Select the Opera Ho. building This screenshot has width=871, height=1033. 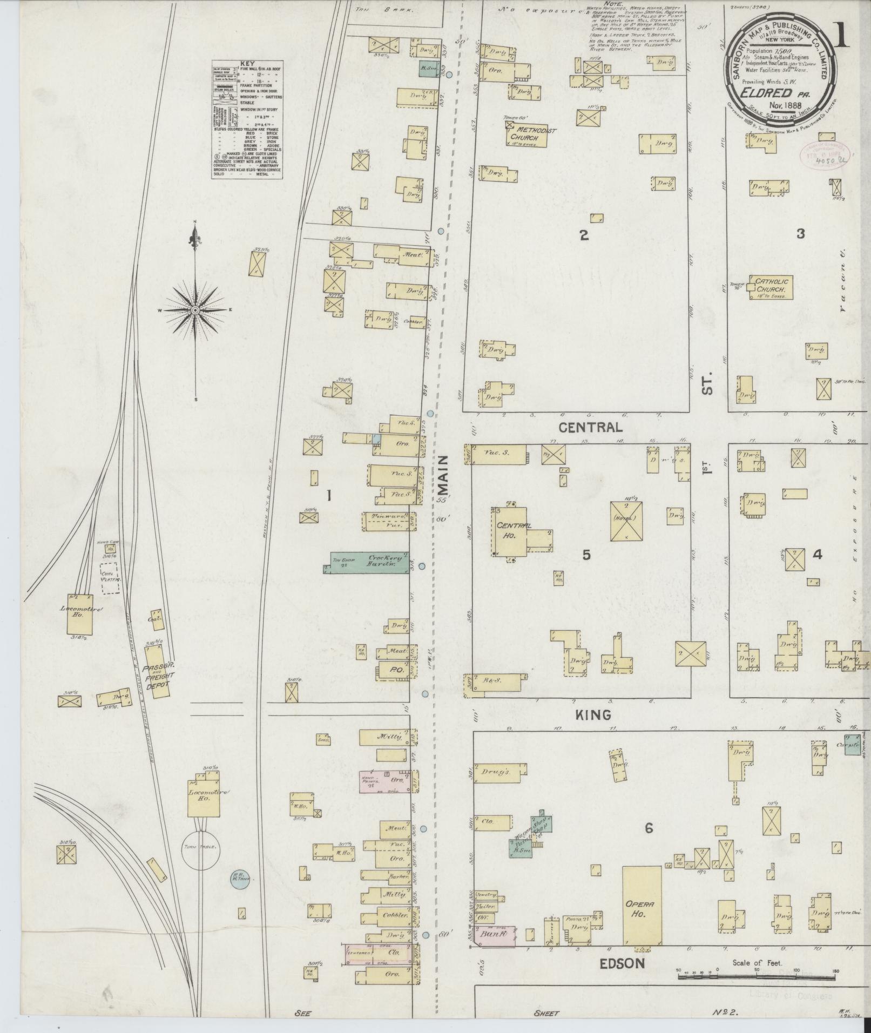point(642,913)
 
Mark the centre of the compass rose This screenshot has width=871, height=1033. point(195,310)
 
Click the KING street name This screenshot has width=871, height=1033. point(592,715)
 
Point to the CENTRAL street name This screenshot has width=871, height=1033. point(590,427)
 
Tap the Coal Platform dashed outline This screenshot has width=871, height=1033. point(110,579)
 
